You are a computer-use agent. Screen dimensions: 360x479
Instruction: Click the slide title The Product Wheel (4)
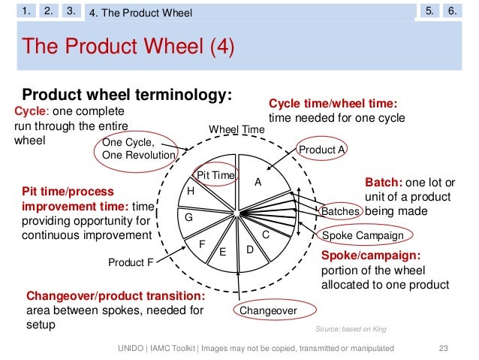(x=130, y=48)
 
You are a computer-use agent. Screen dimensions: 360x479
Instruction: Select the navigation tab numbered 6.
(x=452, y=11)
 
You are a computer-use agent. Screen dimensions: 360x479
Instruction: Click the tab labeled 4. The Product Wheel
(x=140, y=13)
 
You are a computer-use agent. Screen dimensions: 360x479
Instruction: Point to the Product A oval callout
(x=321, y=150)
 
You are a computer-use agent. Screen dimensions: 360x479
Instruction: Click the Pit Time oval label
(x=216, y=175)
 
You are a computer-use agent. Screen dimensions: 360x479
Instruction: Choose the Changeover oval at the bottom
(x=267, y=310)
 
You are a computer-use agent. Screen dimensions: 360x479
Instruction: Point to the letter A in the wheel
(x=258, y=182)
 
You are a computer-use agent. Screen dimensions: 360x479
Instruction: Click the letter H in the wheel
(x=191, y=192)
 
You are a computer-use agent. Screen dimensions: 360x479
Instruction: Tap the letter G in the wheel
(x=189, y=217)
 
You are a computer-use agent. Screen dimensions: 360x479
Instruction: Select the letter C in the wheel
(x=266, y=234)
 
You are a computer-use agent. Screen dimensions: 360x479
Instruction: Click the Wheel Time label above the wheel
(x=236, y=130)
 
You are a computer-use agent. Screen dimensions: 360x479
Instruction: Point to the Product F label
(x=131, y=263)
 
